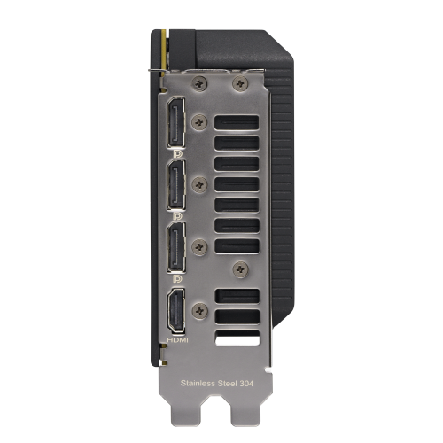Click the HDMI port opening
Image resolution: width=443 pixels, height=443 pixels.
pos(176,311)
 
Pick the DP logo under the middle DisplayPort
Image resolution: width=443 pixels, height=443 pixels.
pos(177,215)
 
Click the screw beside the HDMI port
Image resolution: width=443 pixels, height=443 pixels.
pos(201,311)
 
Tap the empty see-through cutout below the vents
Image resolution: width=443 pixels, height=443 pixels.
pos(237,338)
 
